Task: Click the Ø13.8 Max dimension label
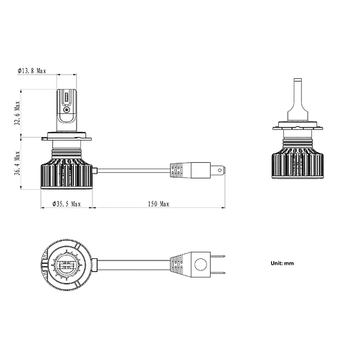[x=32, y=71]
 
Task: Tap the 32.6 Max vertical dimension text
[x=17, y=113]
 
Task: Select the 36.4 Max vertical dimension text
[x=17, y=164]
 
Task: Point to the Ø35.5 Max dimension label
[x=67, y=204]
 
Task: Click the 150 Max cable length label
[x=158, y=204]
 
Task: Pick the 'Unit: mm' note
[x=282, y=263]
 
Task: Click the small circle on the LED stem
[x=67, y=110]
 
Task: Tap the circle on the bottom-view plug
[x=200, y=265]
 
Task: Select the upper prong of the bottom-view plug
[x=218, y=257]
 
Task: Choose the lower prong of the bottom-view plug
[x=218, y=273]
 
